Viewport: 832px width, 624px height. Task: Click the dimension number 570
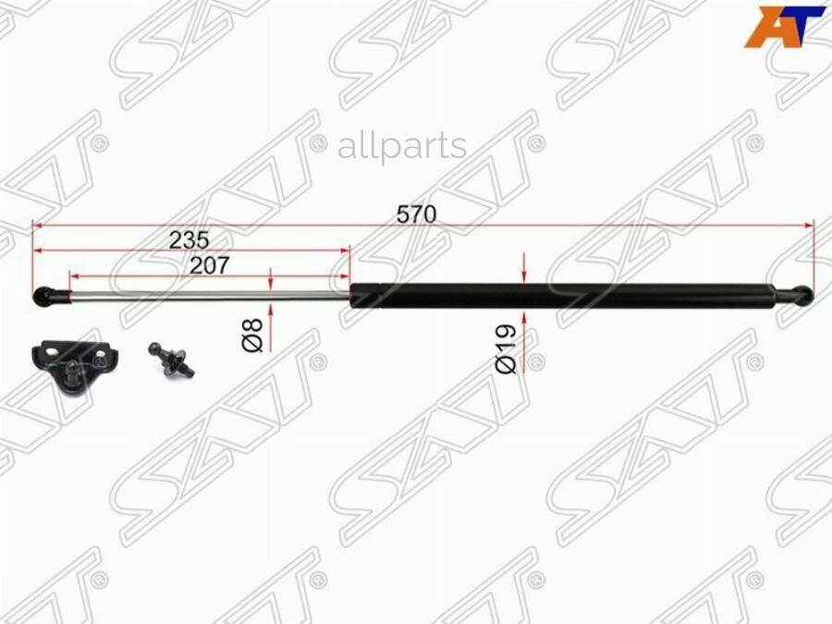(416, 214)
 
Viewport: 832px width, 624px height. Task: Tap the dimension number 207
(209, 265)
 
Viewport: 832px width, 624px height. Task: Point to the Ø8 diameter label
(253, 334)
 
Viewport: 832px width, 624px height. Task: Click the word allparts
(401, 145)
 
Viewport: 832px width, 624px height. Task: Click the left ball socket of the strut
(44, 296)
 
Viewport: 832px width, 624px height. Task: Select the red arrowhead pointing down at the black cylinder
(524, 275)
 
